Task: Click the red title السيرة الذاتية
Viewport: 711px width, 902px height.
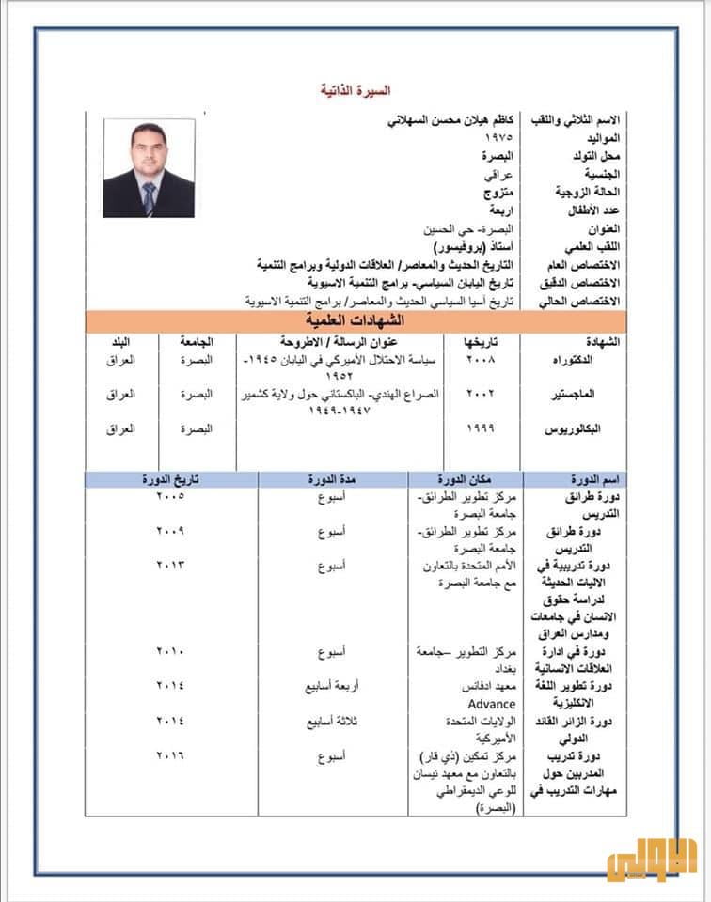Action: point(355,91)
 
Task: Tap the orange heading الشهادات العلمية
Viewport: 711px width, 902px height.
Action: point(355,320)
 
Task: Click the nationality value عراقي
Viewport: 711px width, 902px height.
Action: point(498,174)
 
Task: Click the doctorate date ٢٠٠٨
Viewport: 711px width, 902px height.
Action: point(481,361)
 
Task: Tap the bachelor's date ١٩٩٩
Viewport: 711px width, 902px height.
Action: point(481,428)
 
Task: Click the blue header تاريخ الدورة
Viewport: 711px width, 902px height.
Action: point(170,479)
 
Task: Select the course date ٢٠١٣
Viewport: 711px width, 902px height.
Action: point(171,565)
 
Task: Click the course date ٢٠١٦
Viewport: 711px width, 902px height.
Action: point(171,754)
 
